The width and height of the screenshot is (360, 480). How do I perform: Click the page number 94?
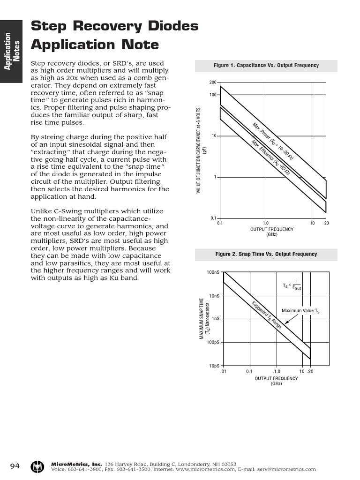point(15,466)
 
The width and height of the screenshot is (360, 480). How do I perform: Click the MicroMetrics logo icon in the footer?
point(37,466)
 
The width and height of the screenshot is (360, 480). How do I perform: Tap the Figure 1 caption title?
point(266,66)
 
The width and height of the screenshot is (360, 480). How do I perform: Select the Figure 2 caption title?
point(266,254)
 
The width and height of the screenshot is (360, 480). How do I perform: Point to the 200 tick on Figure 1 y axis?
point(212,82)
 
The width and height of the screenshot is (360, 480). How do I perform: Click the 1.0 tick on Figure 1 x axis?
point(265,223)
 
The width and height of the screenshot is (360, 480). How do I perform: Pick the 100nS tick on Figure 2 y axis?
point(213,272)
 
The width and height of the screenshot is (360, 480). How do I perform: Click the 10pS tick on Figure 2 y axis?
point(214,366)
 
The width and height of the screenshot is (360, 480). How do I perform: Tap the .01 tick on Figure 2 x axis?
point(223,371)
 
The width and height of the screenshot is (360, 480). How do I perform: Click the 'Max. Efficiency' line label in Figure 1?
point(270,157)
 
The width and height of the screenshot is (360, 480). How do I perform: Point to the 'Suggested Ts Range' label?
point(266,314)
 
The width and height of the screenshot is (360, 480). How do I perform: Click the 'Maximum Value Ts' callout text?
point(300,311)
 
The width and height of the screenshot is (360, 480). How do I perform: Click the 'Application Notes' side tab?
point(11,52)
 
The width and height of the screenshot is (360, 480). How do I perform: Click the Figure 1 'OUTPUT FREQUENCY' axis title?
point(272,229)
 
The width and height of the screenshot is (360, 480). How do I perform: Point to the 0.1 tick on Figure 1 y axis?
point(213,218)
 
